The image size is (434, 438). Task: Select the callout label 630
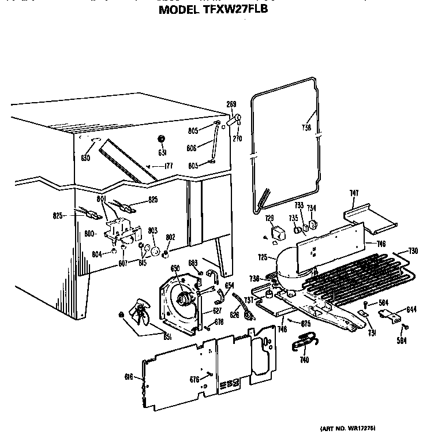[85, 158]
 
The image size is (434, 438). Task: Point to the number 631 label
[163, 152]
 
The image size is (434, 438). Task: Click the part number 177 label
[168, 166]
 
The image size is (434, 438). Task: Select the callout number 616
[129, 377]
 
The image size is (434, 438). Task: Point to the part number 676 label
[194, 379]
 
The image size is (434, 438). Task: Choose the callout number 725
[263, 256]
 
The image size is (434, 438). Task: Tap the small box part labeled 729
[279, 233]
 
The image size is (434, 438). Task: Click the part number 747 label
[354, 193]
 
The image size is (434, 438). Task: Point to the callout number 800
[90, 234]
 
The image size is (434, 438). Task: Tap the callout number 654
[229, 285]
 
